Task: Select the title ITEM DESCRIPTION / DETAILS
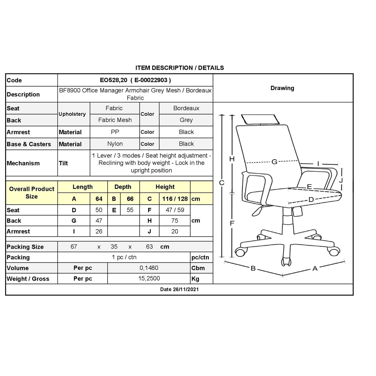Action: click(x=180, y=68)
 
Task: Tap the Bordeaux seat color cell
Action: click(x=186, y=108)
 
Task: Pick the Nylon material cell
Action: click(x=115, y=144)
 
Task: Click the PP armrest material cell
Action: click(x=115, y=132)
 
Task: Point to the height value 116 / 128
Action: click(x=175, y=199)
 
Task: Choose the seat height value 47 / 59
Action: click(x=175, y=210)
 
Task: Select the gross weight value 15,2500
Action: click(x=149, y=279)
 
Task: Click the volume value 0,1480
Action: click(x=149, y=268)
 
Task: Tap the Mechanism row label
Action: click(x=23, y=163)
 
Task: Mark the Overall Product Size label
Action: click(x=32, y=193)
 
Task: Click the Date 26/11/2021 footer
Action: click(x=179, y=289)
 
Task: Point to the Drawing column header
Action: click(x=282, y=88)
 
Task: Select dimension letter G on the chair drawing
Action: click(x=274, y=162)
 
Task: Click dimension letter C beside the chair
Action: click(x=222, y=183)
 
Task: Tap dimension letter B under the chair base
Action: click(x=253, y=268)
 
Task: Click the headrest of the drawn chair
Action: click(x=260, y=119)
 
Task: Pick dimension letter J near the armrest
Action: click(x=341, y=180)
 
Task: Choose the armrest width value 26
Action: click(x=99, y=231)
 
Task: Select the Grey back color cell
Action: click(x=186, y=120)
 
